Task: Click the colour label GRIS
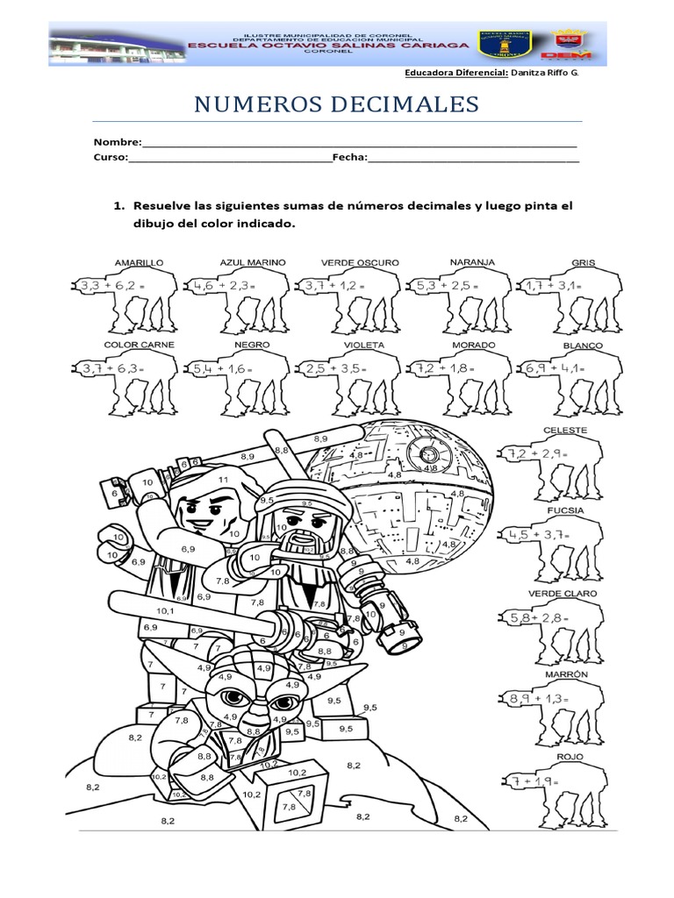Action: pyautogui.click(x=583, y=262)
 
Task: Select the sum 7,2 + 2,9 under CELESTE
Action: pyautogui.click(x=535, y=454)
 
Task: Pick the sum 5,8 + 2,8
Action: pyautogui.click(x=540, y=619)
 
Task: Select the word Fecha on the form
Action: pyautogui.click(x=349, y=158)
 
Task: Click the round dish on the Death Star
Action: pyautogui.click(x=429, y=454)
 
